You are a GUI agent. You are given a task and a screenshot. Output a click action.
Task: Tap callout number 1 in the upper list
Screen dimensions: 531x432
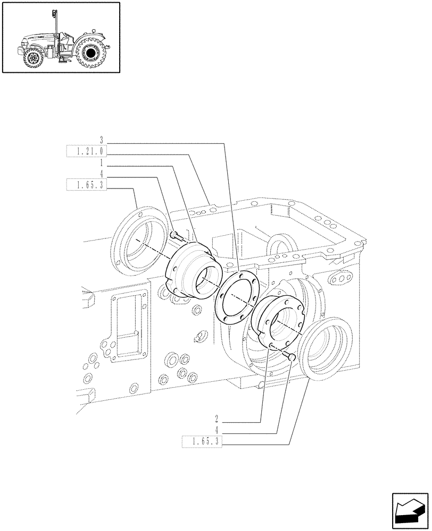pyautogui.click(x=101, y=165)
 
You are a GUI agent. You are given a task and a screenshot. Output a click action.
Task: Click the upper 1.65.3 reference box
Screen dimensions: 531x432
pyautogui.click(x=86, y=185)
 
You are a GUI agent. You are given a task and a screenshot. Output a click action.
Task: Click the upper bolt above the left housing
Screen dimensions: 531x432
pyautogui.click(x=177, y=235)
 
